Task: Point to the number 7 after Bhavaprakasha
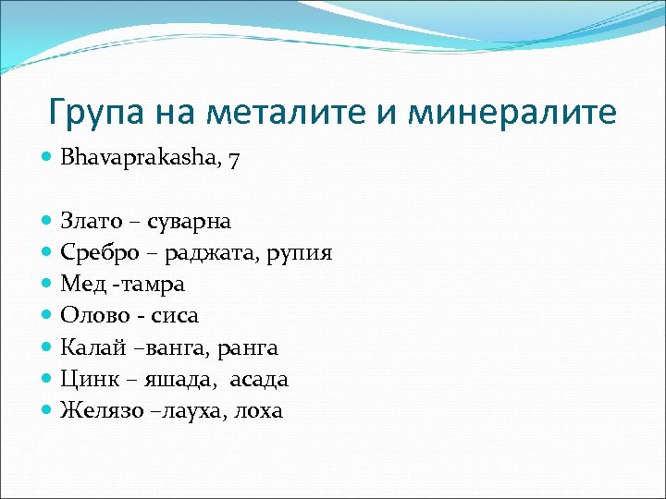click(x=235, y=159)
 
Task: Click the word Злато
click(x=89, y=221)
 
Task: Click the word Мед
click(x=81, y=285)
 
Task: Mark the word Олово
click(x=92, y=316)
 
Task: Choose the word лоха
click(x=260, y=410)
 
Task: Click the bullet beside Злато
click(x=47, y=221)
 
